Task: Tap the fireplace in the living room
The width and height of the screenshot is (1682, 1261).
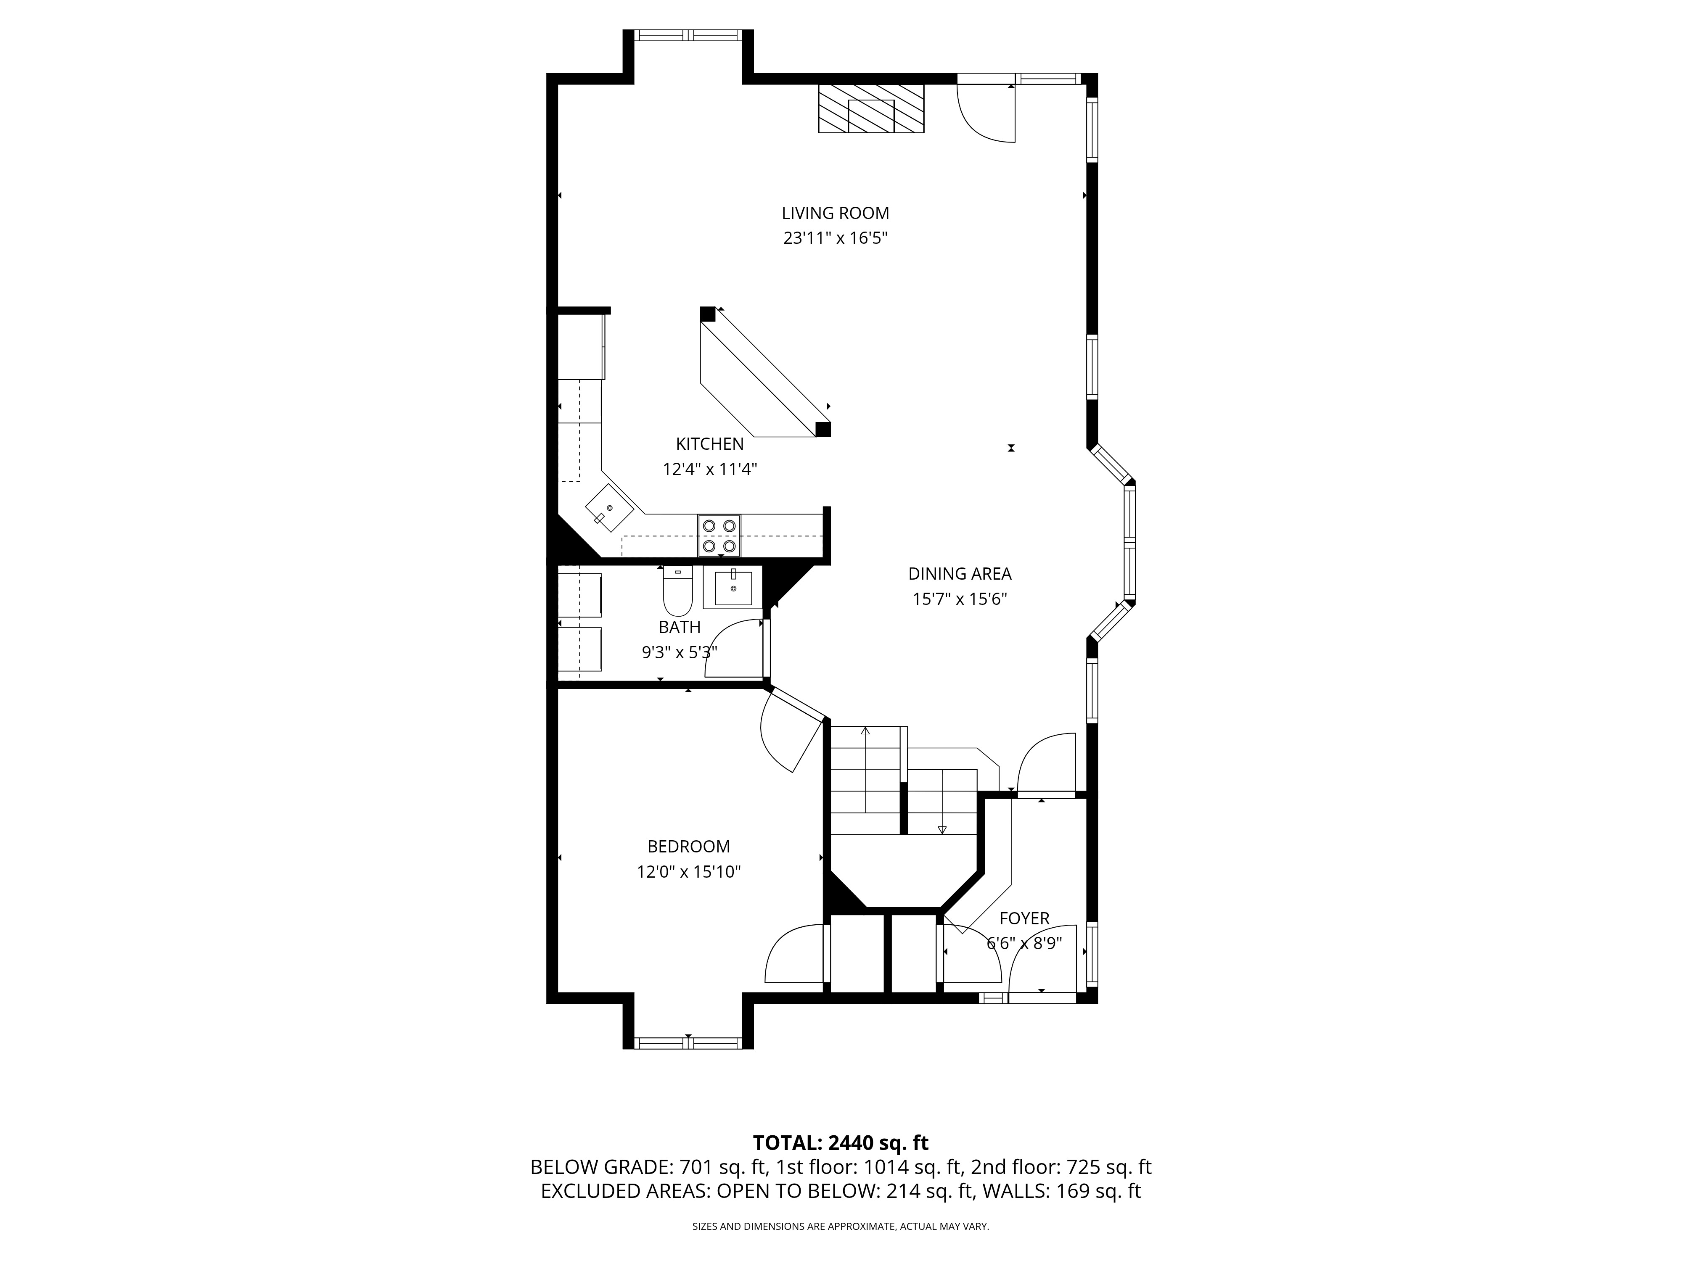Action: click(x=871, y=109)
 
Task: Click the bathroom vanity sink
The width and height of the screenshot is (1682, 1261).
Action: click(x=733, y=588)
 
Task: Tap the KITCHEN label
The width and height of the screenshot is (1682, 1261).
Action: click(x=709, y=444)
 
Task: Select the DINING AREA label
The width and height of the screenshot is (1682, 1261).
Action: click(x=960, y=574)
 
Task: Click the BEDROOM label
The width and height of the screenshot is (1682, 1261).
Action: click(x=688, y=846)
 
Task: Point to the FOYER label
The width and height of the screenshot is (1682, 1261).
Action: click(x=1024, y=918)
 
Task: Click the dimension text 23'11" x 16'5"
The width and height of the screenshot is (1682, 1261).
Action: click(x=836, y=238)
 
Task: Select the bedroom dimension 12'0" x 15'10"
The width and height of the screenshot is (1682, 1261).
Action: click(x=688, y=871)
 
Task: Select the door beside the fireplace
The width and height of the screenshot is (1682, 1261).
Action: click(x=986, y=113)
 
